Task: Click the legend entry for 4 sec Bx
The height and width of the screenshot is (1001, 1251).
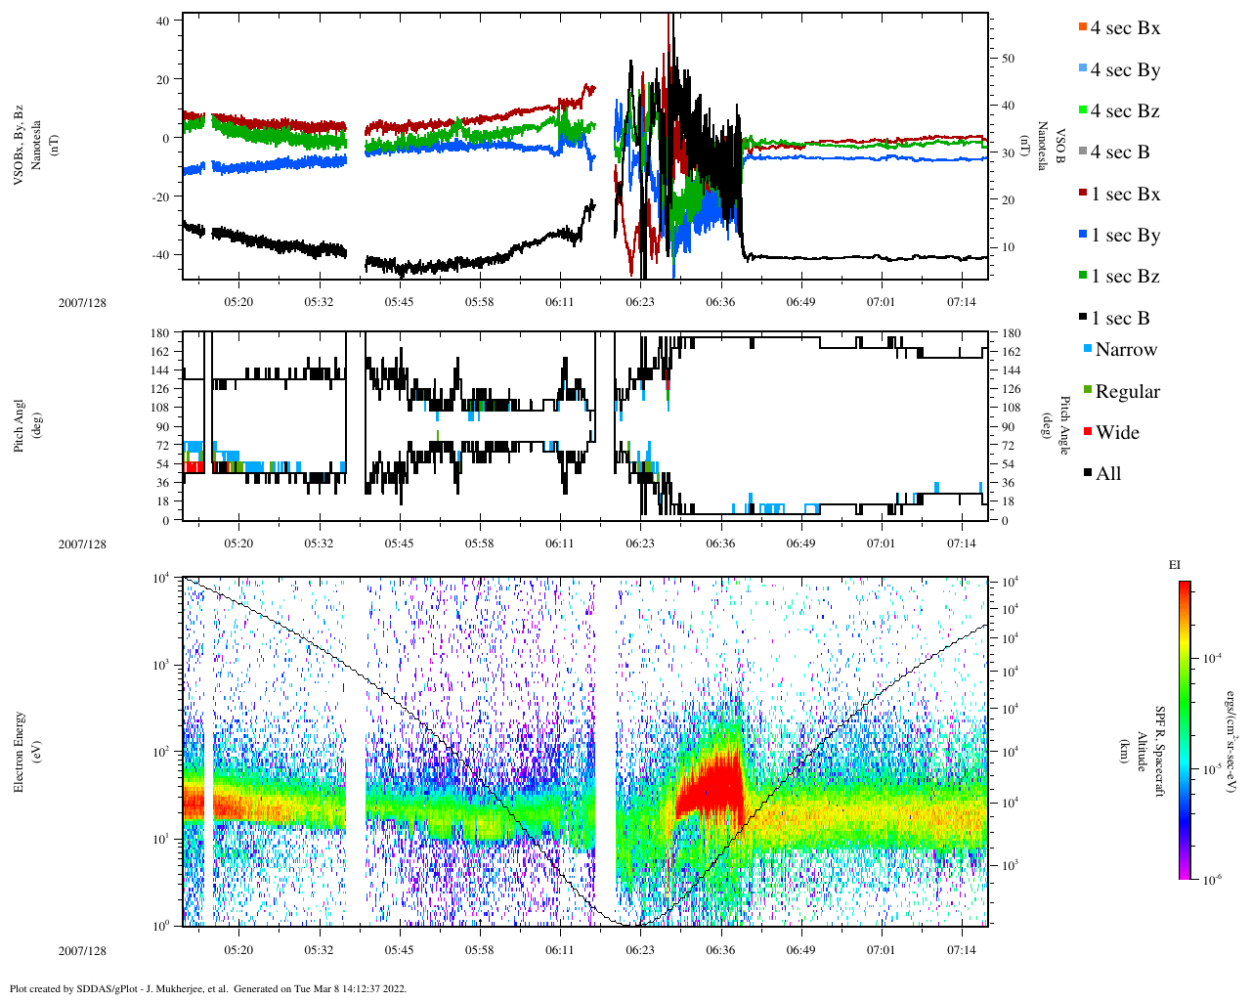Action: point(1124,28)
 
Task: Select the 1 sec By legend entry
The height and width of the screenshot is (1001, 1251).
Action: point(1124,236)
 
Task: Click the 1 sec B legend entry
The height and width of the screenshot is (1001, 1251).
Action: point(1119,318)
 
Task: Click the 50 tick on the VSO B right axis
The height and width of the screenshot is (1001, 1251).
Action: point(1008,59)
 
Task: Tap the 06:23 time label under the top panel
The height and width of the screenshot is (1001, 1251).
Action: point(640,302)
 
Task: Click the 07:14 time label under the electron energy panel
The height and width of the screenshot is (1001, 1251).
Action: point(961,950)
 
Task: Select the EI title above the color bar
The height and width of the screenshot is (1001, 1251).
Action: point(1175,565)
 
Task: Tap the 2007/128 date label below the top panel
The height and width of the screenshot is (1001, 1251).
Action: point(82,302)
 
